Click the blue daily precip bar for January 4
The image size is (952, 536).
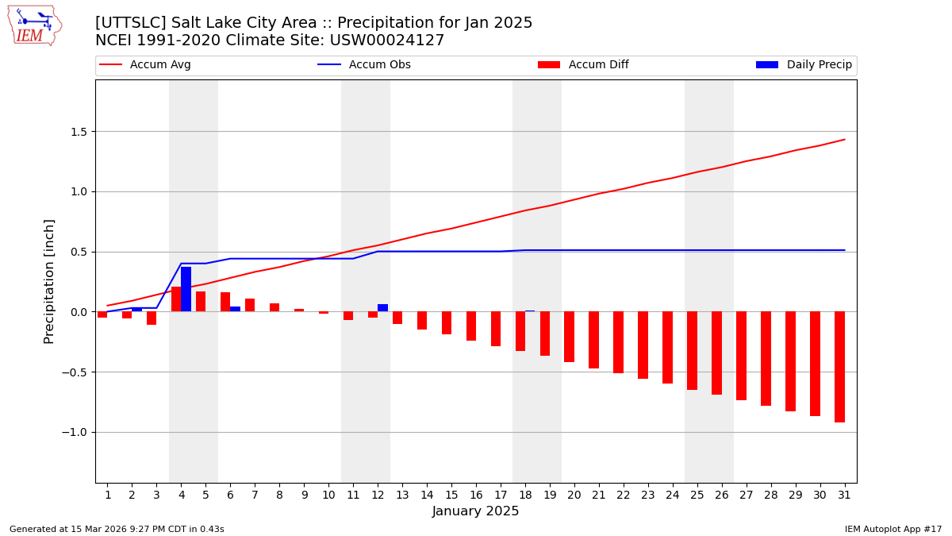coord(186,290)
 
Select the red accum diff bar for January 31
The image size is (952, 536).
coord(839,366)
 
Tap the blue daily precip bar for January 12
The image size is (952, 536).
coord(382,308)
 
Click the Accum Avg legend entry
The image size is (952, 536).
coord(146,65)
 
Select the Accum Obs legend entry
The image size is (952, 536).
coord(365,65)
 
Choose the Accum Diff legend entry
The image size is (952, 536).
coord(584,65)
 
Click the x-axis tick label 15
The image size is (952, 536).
coord(451,495)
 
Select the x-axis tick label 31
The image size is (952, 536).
coord(844,495)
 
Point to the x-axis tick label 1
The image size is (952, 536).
coord(108,495)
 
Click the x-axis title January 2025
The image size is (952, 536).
coord(476,511)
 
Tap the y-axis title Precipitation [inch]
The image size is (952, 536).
coord(49,281)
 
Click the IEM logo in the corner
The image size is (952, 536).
coord(34,25)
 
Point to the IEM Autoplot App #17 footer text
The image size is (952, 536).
coord(893,529)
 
